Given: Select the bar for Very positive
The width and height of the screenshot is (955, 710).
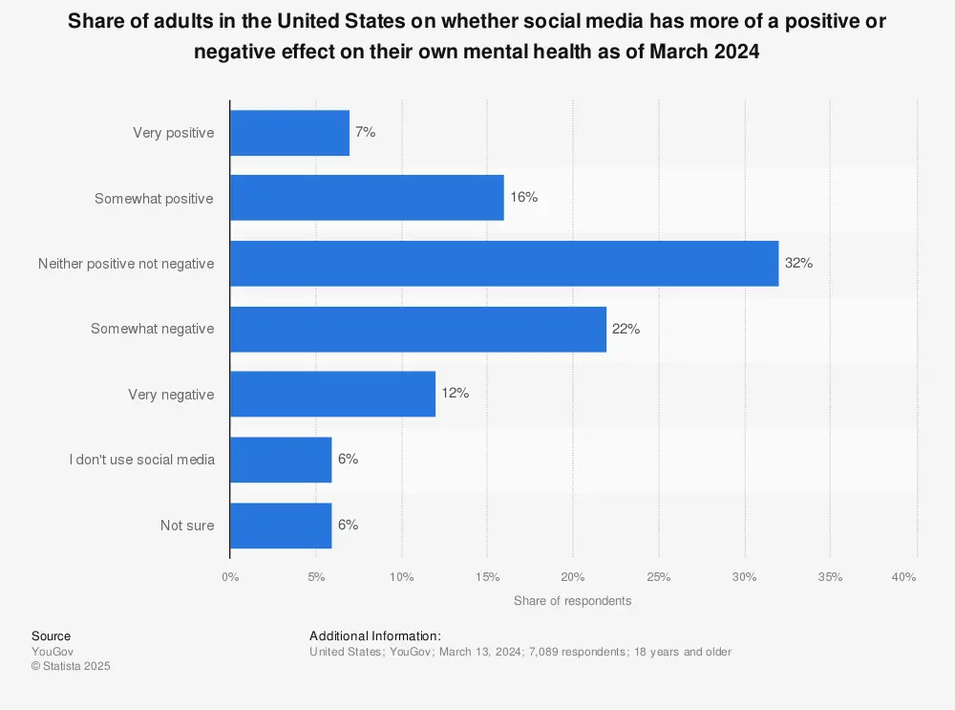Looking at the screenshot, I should pos(289,133).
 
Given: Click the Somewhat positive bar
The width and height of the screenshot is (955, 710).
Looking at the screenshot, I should pos(367,198).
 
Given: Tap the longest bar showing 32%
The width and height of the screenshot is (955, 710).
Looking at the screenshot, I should pos(504,264).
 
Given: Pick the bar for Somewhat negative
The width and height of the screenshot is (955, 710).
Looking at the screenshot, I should pos(418,329).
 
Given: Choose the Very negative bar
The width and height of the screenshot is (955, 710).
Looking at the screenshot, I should pos(332,394).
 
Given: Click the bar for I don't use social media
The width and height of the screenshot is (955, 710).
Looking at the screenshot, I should pos(281,460).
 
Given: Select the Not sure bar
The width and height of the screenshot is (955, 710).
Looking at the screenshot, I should pos(281,525).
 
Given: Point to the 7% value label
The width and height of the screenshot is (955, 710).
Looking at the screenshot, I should pos(365,133).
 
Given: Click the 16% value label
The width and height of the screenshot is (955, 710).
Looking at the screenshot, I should pos(524,198).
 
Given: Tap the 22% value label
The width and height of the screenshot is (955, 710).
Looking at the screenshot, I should pos(626,329).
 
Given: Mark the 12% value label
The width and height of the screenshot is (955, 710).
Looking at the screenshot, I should pos(455,394).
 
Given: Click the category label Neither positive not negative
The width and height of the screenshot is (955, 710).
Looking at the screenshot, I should pos(126,264).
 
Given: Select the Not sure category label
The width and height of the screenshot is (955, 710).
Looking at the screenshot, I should pos(187,525).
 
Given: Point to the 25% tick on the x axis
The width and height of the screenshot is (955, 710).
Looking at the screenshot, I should pos(658,577).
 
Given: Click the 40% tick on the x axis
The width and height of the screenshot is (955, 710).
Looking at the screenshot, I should pos(903,577).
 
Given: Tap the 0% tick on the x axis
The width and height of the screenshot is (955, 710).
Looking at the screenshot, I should pos(230,577).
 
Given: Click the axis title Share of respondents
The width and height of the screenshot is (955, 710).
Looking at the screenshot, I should pos(572,601).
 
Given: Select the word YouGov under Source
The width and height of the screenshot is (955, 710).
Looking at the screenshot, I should pos(52,652).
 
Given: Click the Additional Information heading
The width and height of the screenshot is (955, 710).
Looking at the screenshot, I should pos(375,635).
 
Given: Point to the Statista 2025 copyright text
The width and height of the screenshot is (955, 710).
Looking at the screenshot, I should pos(71,667).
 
